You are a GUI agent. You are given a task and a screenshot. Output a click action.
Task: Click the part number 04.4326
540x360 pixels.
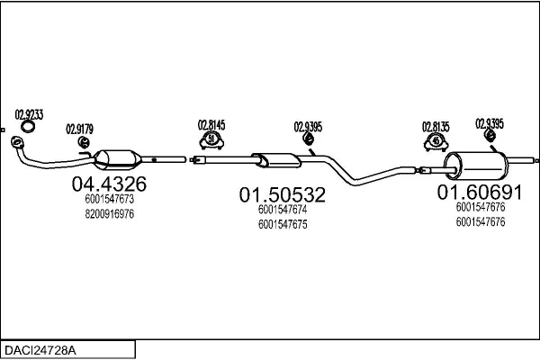click(109, 184)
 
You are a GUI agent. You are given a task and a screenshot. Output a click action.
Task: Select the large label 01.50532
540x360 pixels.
click(283, 194)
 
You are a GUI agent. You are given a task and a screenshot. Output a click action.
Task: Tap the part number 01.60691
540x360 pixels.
click(480, 193)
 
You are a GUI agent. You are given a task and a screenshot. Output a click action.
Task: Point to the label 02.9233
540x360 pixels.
click(29, 114)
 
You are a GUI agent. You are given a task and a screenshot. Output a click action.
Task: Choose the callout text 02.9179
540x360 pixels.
click(79, 130)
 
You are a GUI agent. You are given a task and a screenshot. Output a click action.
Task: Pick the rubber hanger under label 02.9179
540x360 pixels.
click(84, 142)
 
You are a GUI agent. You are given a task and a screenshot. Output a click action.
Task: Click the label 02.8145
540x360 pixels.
click(211, 125)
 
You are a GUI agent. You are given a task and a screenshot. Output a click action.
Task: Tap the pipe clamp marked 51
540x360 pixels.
click(211, 140)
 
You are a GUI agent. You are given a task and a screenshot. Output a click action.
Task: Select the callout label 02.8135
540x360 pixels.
click(436, 127)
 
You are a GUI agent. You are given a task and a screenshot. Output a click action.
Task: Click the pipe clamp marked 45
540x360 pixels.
click(436, 142)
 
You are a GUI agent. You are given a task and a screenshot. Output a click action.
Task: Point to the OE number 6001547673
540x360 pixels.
click(110, 199)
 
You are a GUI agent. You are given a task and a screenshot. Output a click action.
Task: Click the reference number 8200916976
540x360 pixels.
click(110, 214)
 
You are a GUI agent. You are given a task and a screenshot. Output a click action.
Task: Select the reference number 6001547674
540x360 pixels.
click(283, 210)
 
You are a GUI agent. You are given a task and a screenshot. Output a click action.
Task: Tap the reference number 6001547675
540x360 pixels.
click(283, 224)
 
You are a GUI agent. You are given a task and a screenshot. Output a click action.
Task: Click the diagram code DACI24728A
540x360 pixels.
click(40, 350)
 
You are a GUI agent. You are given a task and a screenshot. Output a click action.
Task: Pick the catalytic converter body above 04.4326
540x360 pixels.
click(117, 160)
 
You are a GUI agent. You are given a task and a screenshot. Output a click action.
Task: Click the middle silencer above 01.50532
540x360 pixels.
click(276, 160)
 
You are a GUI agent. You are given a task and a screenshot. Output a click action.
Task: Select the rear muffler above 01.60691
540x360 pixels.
click(476, 166)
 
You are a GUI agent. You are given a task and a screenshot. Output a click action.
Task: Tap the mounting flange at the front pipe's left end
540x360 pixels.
click(16, 142)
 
